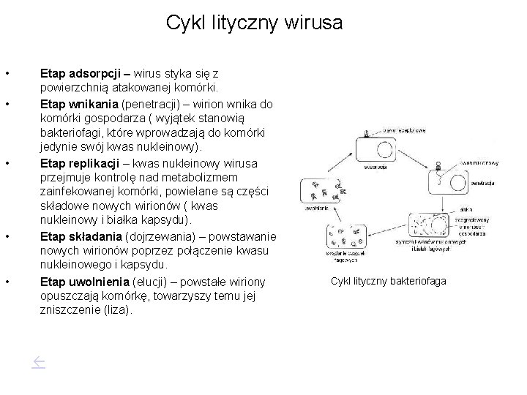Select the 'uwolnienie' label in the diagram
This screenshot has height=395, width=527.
(314, 208)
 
